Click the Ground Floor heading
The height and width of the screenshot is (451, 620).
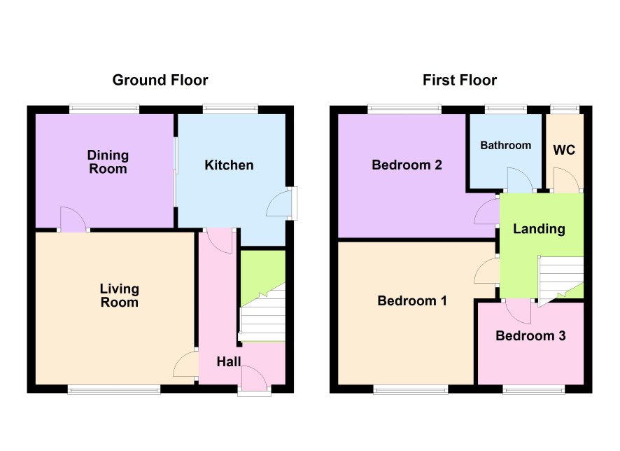coord(160,81)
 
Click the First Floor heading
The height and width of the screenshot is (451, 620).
coord(460,81)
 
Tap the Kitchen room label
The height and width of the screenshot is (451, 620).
coord(229,165)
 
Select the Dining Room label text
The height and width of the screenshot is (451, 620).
coord(108,162)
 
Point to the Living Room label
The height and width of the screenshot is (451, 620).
coord(120,296)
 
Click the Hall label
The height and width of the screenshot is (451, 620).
coord(229,361)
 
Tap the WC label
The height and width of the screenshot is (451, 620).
coord(564,150)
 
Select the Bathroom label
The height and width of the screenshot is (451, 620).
coord(506,145)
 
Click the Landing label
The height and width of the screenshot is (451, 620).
coord(539,229)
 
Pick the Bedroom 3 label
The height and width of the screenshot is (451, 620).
coord(530,336)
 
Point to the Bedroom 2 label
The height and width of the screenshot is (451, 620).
coord(407,165)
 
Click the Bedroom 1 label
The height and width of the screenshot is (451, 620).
coord(412,300)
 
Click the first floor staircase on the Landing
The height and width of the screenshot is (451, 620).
coord(561,279)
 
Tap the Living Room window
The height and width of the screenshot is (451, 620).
coord(114,391)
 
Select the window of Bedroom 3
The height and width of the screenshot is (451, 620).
coord(534,391)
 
